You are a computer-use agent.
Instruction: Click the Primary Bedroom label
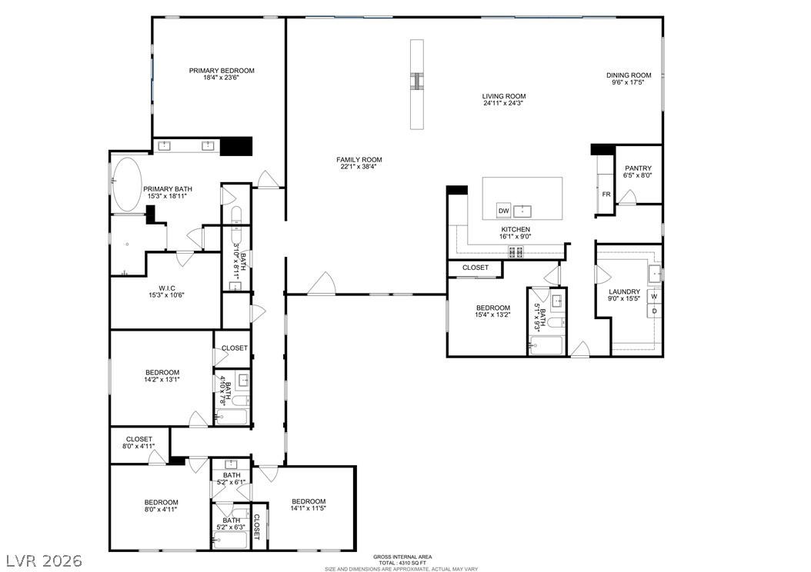coord(222,71)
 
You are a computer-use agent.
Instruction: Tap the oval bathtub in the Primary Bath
coord(127,185)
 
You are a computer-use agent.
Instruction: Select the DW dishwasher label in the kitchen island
coord(503,211)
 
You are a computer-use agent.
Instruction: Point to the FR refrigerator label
coord(606,195)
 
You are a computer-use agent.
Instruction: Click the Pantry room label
coord(638,168)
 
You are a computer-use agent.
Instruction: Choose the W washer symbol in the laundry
coord(654,296)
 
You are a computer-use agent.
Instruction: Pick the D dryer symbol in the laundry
coord(654,311)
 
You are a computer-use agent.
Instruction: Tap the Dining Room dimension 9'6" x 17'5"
coord(629,83)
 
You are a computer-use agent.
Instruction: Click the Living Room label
coord(504,96)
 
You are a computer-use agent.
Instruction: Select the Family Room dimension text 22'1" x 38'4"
coord(359,168)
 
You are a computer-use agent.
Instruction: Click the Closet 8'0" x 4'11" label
coord(139,439)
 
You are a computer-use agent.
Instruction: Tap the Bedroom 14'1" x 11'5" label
coord(308,501)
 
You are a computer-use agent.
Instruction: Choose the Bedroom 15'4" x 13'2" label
coord(492,308)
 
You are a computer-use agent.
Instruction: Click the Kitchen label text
coord(516,229)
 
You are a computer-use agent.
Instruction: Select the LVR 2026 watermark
coord(53,559)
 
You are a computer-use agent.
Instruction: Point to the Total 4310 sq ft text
coord(401,563)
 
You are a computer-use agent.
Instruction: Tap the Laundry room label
coord(624,291)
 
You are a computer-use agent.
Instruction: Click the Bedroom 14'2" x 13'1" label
coord(162,373)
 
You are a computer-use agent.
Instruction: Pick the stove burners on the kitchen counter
coord(512,251)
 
